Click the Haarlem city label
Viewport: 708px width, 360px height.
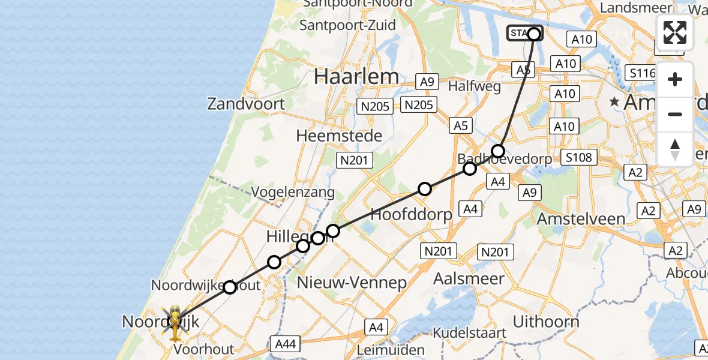[356, 77]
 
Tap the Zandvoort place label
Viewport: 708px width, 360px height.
[246, 104]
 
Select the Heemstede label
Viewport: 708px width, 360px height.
[339, 136]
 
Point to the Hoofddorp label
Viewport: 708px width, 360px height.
[411, 214]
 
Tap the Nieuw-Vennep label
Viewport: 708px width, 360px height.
[352, 282]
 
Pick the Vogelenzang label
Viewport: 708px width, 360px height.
[292, 192]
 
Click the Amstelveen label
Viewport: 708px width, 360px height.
[581, 219]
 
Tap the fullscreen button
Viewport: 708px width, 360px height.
[675, 32]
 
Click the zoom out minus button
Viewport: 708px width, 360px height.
[675, 114]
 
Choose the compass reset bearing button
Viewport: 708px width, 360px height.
[675, 149]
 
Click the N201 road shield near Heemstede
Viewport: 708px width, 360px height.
[355, 160]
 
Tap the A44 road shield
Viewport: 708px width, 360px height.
[286, 344]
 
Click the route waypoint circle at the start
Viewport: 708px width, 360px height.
[534, 34]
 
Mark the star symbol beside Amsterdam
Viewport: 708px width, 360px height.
[614, 102]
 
